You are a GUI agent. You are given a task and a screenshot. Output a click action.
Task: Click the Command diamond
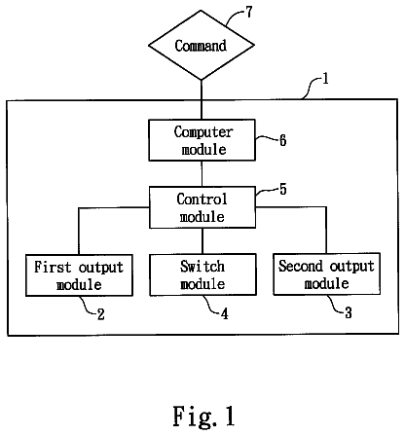(x=202, y=45)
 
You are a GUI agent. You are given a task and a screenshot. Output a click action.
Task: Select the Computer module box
(x=202, y=140)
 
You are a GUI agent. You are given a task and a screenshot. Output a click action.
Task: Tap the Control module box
(x=202, y=207)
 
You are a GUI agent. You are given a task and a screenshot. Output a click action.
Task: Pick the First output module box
(x=79, y=275)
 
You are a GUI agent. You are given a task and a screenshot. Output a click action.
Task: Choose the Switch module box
(x=202, y=274)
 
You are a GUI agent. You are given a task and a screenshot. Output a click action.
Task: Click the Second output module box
(x=327, y=274)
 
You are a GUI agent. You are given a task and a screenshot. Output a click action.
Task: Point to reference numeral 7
(x=248, y=13)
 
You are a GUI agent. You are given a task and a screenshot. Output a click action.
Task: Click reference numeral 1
(x=325, y=79)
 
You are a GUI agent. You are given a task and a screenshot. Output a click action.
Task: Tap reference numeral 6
(x=283, y=141)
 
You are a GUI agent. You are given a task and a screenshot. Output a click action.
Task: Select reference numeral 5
(x=283, y=190)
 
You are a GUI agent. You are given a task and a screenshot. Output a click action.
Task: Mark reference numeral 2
(x=101, y=314)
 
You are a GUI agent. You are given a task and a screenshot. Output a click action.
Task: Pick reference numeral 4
(x=225, y=313)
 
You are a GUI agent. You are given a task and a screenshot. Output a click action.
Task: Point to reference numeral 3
(x=349, y=313)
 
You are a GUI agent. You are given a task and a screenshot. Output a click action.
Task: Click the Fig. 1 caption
(x=203, y=417)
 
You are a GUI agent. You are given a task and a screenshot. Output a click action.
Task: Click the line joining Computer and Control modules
(x=202, y=173)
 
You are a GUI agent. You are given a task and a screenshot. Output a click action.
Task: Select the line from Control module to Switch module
(x=202, y=241)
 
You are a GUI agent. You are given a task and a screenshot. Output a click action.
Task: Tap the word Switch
(x=202, y=267)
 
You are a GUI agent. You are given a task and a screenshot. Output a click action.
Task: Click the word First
(x=53, y=268)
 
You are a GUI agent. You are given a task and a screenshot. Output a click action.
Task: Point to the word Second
(x=301, y=266)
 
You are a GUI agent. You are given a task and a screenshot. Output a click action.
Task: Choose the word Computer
(x=203, y=132)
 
